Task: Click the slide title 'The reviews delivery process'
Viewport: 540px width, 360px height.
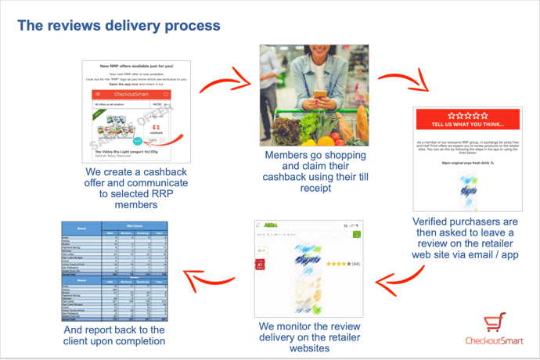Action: [x=119, y=25]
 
